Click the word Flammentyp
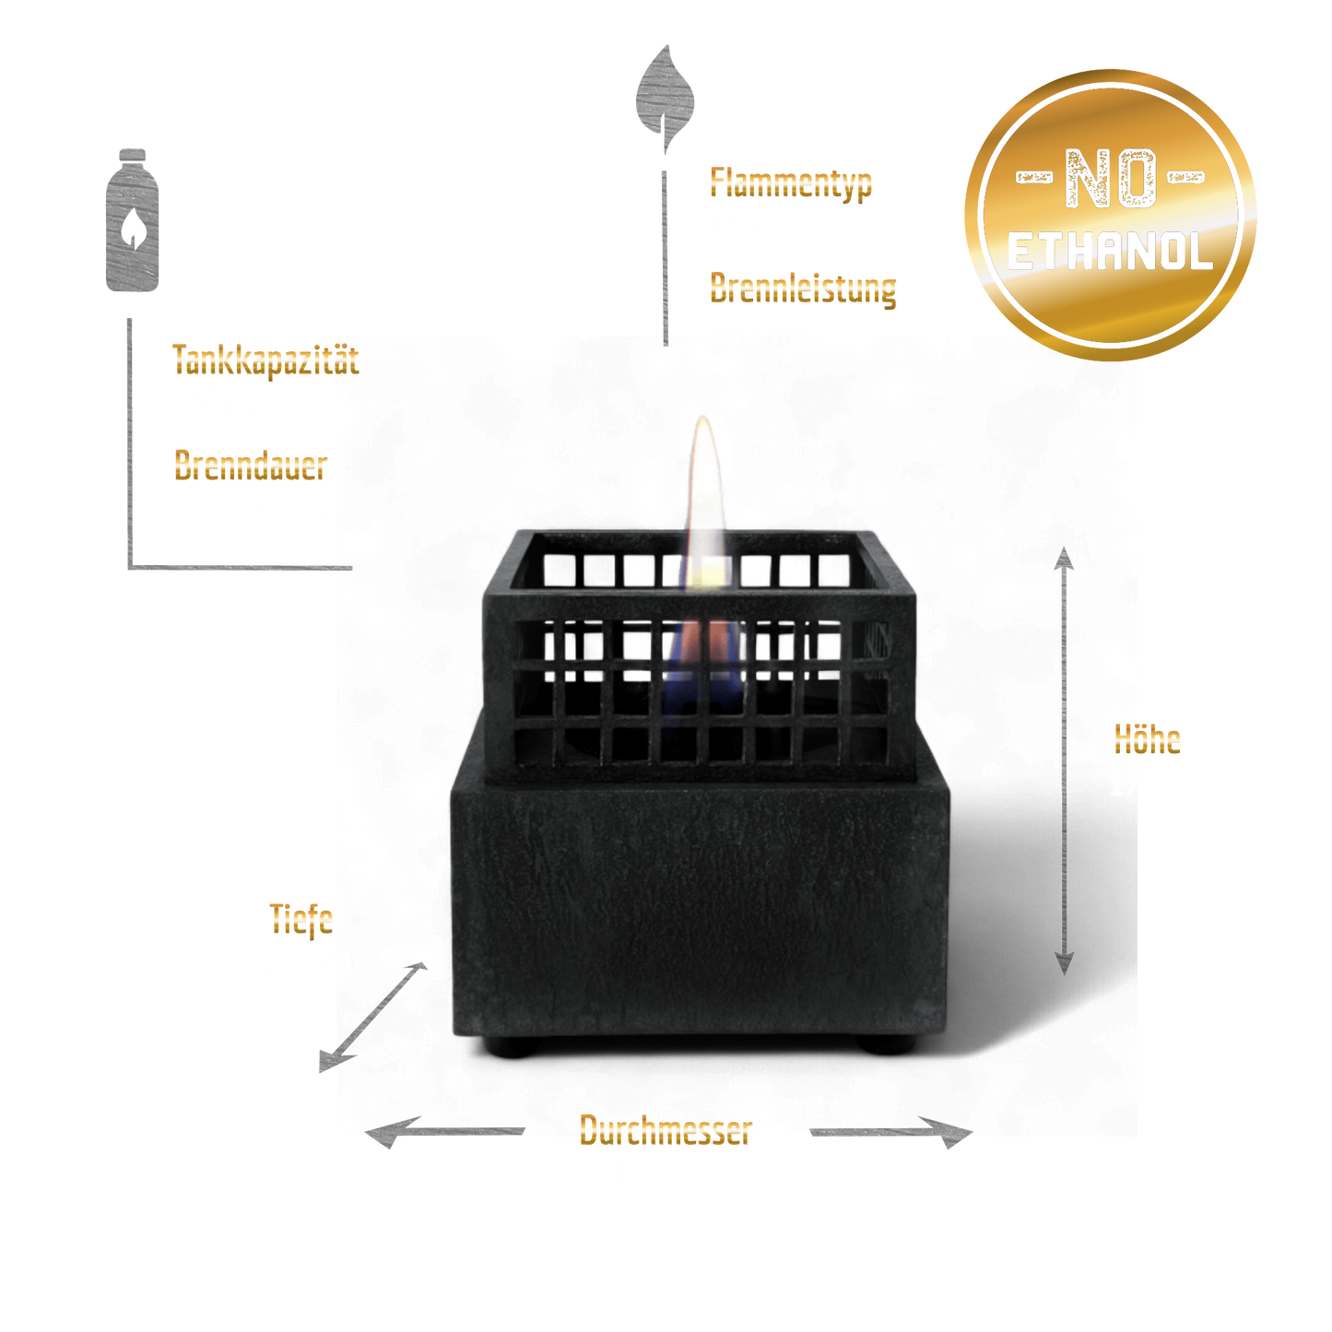[791, 183]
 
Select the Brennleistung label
[803, 289]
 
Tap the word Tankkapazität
[266, 360]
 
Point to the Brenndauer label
[250, 465]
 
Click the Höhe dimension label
[1147, 739]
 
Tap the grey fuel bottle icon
[132, 219]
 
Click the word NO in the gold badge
[1111, 178]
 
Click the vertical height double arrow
[1064, 760]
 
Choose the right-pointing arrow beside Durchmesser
[891, 1132]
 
